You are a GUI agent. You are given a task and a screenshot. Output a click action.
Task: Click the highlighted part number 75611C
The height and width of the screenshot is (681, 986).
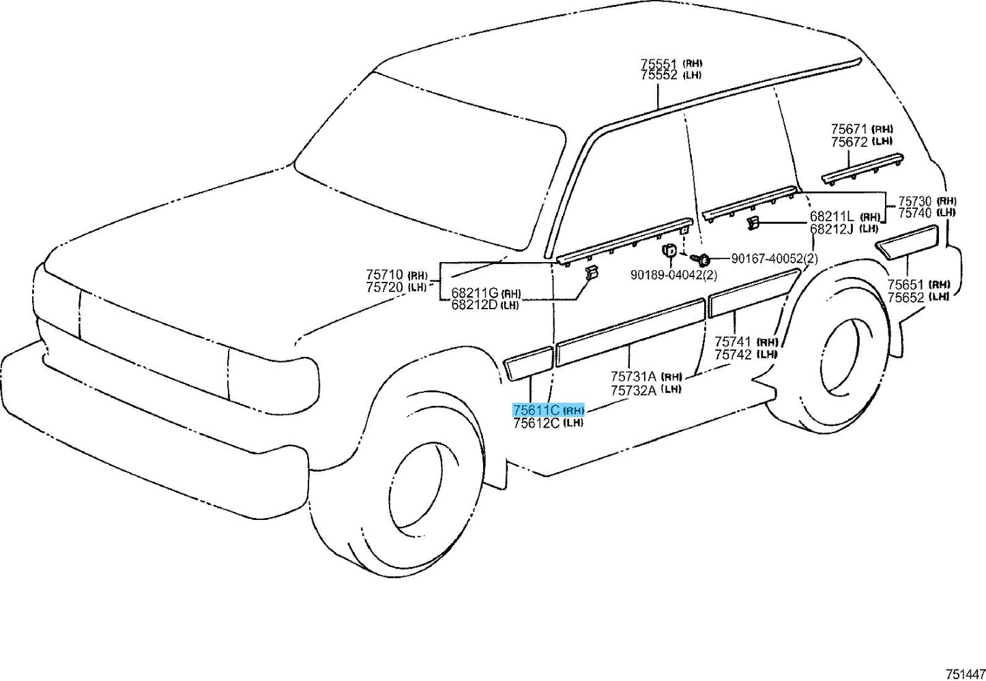pos(536,409)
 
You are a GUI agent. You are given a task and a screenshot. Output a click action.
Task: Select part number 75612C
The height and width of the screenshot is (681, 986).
pos(536,423)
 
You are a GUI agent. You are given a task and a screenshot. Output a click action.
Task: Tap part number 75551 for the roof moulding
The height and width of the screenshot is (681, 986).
pos(658,63)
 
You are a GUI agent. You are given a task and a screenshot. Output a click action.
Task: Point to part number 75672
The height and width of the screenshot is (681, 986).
pos(849,142)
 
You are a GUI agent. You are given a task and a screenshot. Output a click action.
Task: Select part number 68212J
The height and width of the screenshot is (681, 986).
pos(832,229)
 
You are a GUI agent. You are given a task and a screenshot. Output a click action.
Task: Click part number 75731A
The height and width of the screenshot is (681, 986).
pos(633,376)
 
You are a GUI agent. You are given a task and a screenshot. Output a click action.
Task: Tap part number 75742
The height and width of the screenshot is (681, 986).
pos(733,354)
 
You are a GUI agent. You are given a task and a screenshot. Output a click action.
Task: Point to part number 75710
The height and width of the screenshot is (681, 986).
pos(385,274)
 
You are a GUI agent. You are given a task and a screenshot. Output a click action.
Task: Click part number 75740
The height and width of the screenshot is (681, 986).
pos(914,213)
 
